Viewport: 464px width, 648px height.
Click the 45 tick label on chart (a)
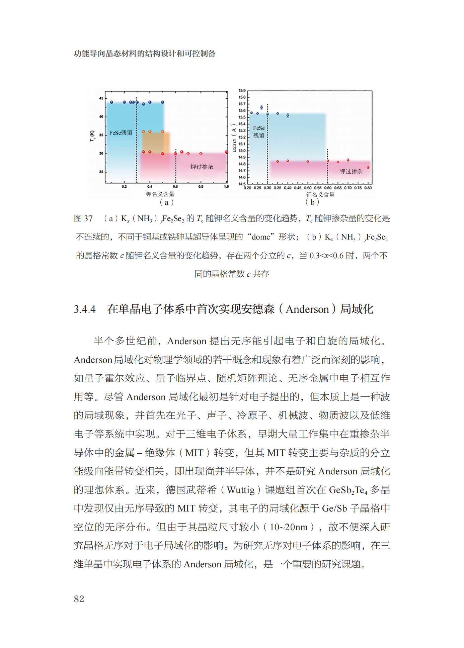click(101, 98)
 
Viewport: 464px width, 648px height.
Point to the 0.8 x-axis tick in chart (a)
click(201, 187)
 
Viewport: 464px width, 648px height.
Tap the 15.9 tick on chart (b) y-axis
click(242, 91)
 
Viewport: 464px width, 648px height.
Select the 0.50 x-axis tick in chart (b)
click(307, 188)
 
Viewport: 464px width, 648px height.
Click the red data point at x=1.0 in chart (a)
click(226, 152)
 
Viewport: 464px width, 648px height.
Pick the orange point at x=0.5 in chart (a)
click(162, 132)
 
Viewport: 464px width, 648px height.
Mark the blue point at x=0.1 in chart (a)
click(111, 102)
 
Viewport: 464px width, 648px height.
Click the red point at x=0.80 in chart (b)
click(368, 167)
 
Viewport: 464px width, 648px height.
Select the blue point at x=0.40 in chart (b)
click(288, 115)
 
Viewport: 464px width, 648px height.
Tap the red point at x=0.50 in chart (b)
click(308, 162)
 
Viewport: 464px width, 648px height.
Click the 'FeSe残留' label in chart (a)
click(121, 133)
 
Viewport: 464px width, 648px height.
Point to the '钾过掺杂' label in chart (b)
click(351, 172)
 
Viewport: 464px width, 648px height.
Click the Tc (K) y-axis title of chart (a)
click(92, 135)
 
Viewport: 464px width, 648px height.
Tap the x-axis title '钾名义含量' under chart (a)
click(160, 194)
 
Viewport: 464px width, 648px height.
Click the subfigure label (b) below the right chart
click(312, 202)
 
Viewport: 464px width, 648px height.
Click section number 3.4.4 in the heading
click(85, 309)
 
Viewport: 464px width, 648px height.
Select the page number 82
click(79, 598)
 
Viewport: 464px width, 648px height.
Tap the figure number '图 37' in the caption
click(83, 218)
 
